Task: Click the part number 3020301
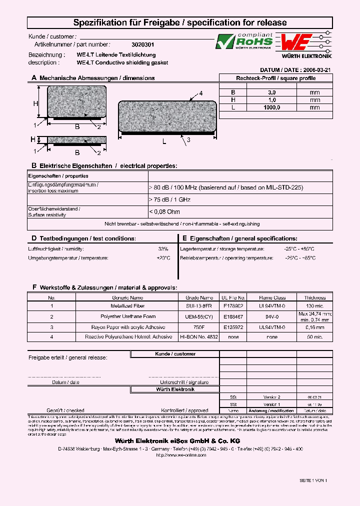tap(132, 44)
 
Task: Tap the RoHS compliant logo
tap(244, 41)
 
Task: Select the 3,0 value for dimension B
tap(271, 92)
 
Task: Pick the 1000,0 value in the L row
tap(271, 107)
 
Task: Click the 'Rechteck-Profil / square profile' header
tap(275, 78)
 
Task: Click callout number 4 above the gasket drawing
tap(200, 93)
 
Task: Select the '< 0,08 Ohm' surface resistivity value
tap(164, 212)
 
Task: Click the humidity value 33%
tap(163, 248)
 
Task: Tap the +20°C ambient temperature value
tap(163, 258)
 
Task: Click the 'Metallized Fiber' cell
tap(127, 305)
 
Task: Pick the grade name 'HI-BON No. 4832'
tap(199, 337)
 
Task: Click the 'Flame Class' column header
tap(272, 297)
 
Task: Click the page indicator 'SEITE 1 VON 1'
tap(313, 480)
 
